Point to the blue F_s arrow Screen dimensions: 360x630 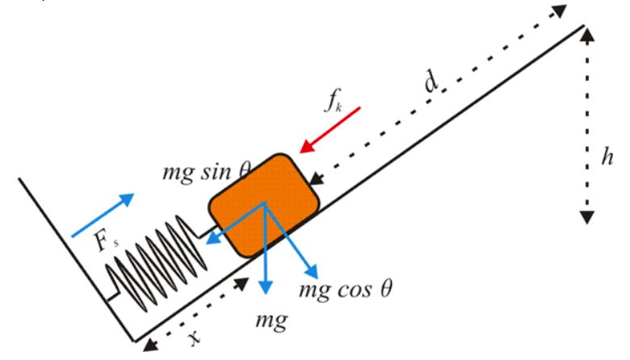[x=101, y=216]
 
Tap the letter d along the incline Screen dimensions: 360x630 [x=431, y=80]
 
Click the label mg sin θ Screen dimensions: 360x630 [x=207, y=170]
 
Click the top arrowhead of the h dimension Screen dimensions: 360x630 [x=587, y=32]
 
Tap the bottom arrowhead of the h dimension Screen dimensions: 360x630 [x=587, y=218]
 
